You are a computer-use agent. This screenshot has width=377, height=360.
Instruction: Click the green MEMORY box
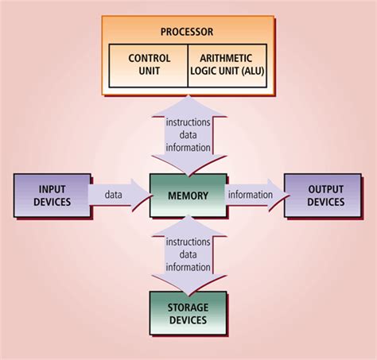188,195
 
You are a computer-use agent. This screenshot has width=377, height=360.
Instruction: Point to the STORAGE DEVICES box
188,314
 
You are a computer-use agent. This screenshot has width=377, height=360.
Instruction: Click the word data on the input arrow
114,195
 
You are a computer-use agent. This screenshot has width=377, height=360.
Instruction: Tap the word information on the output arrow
251,195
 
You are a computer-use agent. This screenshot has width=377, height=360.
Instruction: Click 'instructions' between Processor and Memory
188,123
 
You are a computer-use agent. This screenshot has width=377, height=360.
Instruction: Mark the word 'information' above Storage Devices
188,267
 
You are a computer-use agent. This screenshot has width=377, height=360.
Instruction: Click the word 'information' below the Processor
188,147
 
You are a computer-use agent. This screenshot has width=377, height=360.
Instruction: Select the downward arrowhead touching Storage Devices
188,283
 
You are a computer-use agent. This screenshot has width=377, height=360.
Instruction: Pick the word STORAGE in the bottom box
188,308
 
